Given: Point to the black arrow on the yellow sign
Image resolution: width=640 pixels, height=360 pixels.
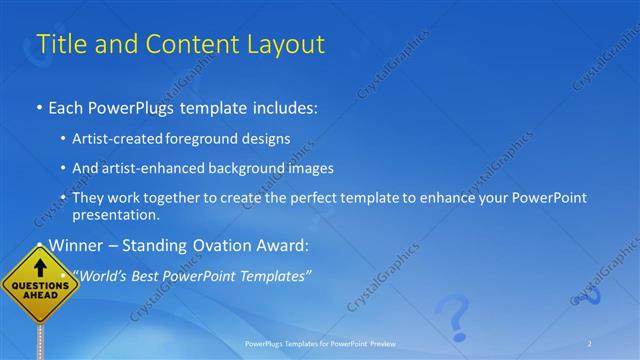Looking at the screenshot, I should [x=41, y=268].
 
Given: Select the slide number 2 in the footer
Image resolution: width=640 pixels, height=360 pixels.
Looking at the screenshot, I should [x=589, y=344].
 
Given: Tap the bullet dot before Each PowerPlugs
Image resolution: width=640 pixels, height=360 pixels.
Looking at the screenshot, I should [x=39, y=106].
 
